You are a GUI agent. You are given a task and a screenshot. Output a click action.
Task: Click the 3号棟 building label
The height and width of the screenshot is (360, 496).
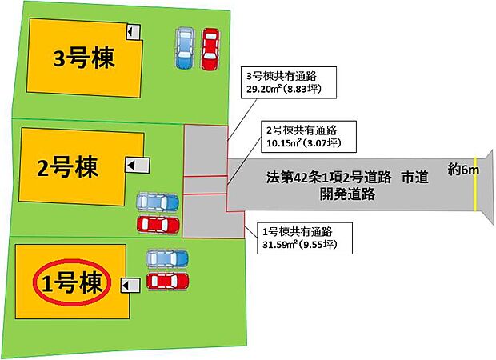[x=84, y=58]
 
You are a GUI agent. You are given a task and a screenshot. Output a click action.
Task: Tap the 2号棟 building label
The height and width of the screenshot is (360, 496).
[x=68, y=167]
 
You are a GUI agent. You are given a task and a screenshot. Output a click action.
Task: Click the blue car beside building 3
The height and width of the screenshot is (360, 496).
[x=185, y=48]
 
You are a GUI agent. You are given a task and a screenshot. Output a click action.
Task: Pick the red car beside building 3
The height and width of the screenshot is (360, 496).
[x=210, y=49]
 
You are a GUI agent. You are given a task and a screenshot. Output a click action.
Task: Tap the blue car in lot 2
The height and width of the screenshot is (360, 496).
[x=158, y=202]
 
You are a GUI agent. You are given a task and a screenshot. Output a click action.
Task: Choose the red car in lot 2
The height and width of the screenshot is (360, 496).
[x=158, y=225]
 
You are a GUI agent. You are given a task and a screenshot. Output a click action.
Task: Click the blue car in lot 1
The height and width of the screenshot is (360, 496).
[x=167, y=258]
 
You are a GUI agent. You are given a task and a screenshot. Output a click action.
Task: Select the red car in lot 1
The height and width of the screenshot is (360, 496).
[x=168, y=282]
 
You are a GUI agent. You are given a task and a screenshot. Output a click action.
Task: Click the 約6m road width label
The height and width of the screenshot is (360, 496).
[x=463, y=170]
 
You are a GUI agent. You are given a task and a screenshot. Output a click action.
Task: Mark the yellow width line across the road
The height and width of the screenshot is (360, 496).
[x=475, y=184]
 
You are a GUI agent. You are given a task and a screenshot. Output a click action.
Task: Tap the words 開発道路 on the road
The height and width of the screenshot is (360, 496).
[x=347, y=194]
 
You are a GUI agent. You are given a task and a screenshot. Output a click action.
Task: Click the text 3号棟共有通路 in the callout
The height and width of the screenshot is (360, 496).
[x=282, y=76]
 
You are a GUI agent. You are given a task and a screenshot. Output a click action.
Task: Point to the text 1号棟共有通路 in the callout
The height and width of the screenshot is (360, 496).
[x=298, y=232]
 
